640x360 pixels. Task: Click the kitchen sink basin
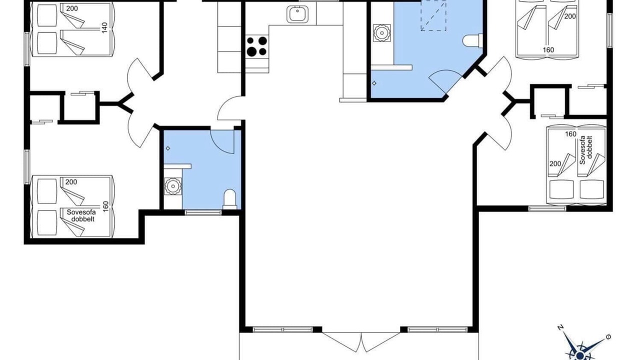[x=297, y=14]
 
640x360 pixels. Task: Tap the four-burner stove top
[x=256, y=46]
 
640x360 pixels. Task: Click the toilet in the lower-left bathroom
[x=229, y=199]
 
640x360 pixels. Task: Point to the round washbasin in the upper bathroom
[x=381, y=33]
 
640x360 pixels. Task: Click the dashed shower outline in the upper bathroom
[x=433, y=15]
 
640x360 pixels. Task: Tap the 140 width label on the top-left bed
[x=104, y=27]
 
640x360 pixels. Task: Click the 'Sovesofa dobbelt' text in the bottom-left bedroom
[x=81, y=215]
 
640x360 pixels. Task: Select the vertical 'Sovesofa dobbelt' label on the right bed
[x=585, y=150]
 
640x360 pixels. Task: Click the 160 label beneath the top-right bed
[x=548, y=50]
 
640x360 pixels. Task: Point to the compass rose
[x=581, y=346]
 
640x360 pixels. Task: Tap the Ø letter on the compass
[x=608, y=337]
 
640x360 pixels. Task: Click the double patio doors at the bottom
[x=361, y=341]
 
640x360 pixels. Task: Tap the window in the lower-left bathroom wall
[x=203, y=212]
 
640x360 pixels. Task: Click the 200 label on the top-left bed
[x=71, y=8]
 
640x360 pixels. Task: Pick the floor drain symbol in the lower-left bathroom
[x=168, y=148]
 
